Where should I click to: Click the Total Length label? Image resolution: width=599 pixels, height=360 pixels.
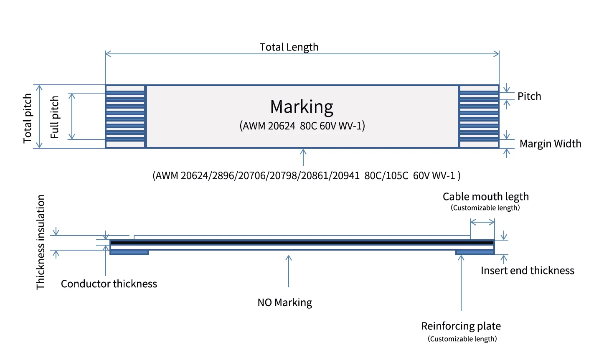[x=289, y=47]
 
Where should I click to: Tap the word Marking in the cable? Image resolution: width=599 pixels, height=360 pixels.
[x=302, y=107]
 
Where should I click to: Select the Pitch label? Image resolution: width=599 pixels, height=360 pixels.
[x=529, y=96]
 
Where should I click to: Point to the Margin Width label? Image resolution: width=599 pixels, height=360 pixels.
[x=550, y=144]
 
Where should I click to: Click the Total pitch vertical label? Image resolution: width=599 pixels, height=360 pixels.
[x=28, y=118]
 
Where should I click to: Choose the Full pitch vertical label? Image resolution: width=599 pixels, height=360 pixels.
[x=55, y=117]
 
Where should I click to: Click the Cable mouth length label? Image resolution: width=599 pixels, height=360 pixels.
[x=486, y=197]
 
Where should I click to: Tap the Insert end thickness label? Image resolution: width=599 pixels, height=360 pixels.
[x=527, y=271]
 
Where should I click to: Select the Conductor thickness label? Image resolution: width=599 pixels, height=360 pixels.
[x=109, y=284]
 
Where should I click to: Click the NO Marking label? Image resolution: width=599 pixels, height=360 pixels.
[x=285, y=302]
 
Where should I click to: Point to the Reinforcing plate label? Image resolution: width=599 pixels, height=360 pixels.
[x=461, y=326]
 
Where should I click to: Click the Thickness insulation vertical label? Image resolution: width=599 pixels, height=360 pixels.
[x=41, y=242]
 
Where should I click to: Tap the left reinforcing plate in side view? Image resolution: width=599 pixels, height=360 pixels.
[x=129, y=252]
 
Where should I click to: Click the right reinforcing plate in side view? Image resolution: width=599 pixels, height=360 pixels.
[x=475, y=252]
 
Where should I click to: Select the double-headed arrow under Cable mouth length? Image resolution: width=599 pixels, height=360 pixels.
[x=482, y=222]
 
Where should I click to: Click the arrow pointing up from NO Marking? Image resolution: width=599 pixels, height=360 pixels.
[x=289, y=271]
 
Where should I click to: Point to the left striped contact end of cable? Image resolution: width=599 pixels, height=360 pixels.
[x=125, y=117]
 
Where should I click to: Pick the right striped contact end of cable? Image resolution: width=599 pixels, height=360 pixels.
[x=479, y=117]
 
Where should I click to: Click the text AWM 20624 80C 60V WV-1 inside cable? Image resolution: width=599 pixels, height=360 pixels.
[x=302, y=126]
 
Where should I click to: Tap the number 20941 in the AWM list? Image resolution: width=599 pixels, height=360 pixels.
[x=346, y=176]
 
